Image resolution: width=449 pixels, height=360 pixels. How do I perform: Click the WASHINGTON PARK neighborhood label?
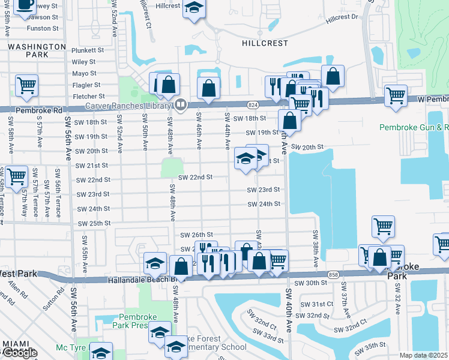tap(37, 50)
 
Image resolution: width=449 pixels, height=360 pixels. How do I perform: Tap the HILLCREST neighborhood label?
tap(265, 43)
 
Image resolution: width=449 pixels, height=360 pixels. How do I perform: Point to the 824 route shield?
tap(253, 105)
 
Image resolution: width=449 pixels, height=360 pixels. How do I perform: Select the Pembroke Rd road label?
tap(40, 110)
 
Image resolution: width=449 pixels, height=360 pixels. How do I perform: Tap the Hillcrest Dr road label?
tap(342, 19)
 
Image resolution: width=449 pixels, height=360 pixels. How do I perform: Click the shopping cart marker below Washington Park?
tap(27, 86)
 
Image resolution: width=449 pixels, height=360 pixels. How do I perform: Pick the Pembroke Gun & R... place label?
tap(414, 127)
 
